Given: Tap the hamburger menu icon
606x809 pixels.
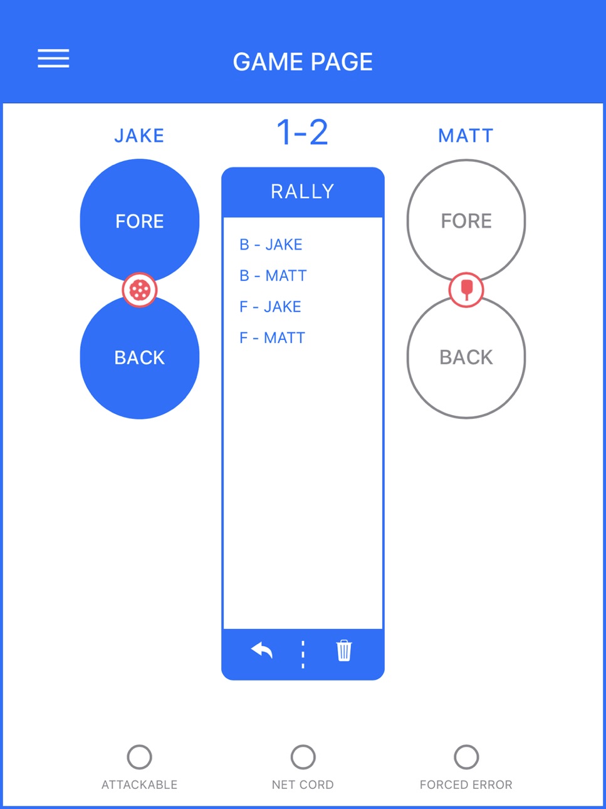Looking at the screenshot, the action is [53, 58].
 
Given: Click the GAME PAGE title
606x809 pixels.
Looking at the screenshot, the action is [303, 61].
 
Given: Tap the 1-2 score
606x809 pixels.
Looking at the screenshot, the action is [302, 132].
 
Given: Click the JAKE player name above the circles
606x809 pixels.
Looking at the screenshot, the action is [139, 135].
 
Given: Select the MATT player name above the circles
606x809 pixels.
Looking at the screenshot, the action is [466, 135].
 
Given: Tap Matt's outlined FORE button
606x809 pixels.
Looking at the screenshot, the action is [466, 220].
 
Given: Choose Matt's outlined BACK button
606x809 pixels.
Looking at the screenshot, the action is [466, 357].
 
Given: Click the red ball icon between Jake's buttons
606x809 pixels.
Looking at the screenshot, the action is [140, 290].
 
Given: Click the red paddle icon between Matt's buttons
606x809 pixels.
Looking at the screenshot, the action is [466, 290].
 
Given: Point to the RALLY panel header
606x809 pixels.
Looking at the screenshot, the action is [303, 192].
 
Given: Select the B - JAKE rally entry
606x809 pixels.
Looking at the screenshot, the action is [271, 245].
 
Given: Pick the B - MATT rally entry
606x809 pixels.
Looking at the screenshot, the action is [273, 275].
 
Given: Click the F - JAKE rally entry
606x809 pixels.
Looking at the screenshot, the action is [270, 307].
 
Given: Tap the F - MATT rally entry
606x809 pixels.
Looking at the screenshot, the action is [273, 337].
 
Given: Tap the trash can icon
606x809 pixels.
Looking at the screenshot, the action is [344, 650].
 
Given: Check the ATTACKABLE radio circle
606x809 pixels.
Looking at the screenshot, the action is [140, 757].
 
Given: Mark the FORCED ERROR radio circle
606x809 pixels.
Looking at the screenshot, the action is [466, 757].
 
